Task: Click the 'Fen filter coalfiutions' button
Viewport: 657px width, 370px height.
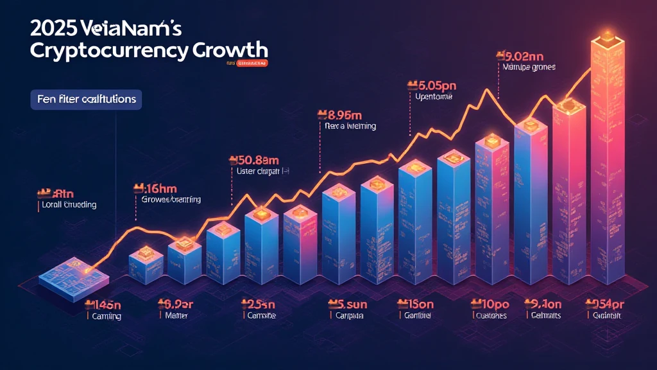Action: pos(86,100)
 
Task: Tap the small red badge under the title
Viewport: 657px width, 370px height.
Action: pos(252,64)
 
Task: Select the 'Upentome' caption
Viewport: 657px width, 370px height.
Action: pos(431,97)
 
